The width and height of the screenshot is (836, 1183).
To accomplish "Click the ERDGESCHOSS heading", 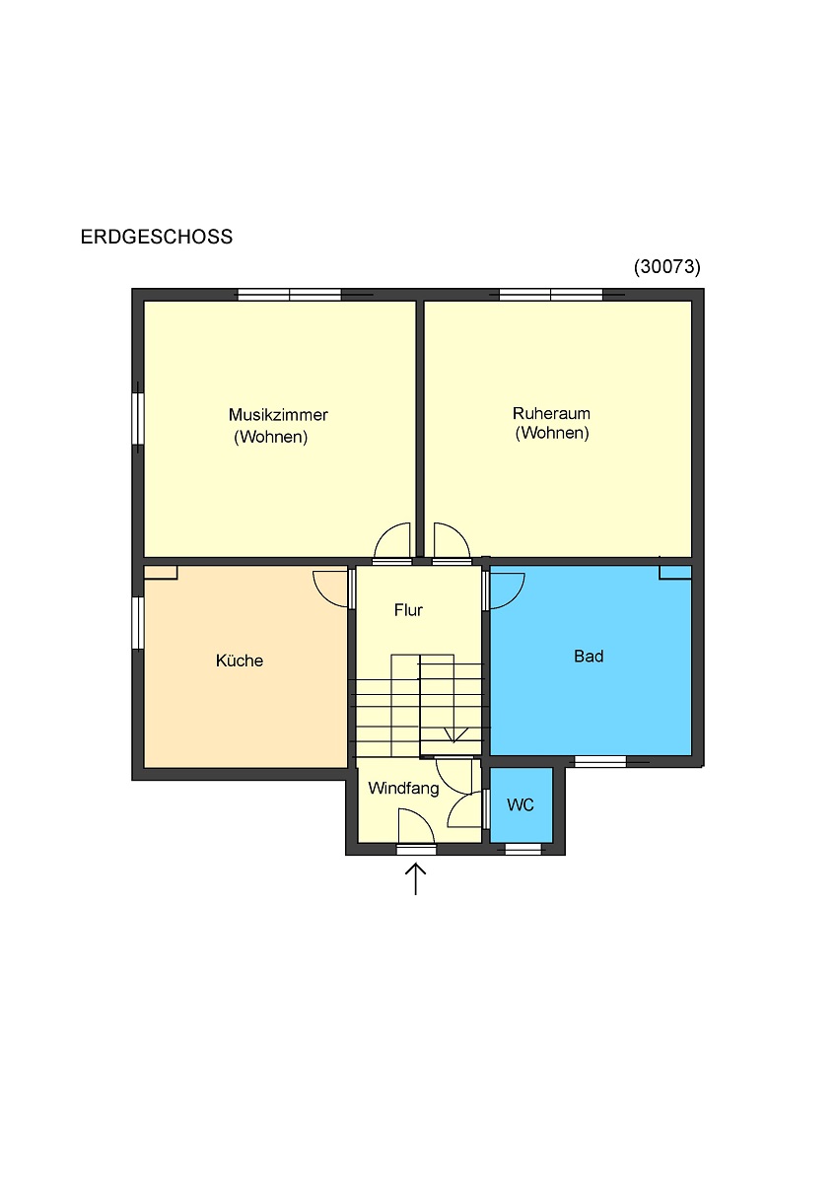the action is (x=157, y=237).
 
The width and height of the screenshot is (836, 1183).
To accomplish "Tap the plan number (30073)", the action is (x=667, y=267).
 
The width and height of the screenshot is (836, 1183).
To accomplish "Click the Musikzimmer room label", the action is (x=278, y=415).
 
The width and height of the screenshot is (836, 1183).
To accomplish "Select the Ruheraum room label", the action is (x=551, y=413).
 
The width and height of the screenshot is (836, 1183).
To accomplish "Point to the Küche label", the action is (x=240, y=661).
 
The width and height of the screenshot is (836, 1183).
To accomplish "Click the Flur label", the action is (x=408, y=610).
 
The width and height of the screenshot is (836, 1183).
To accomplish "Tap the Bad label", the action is (x=589, y=656).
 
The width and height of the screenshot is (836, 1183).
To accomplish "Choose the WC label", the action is (x=521, y=804).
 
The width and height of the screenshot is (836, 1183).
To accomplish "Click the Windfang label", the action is (x=403, y=788).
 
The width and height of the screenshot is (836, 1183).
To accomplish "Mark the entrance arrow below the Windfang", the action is (x=416, y=878).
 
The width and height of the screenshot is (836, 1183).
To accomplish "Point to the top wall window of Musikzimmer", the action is (x=290, y=294).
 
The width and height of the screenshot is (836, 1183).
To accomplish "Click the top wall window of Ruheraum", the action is (x=551, y=294).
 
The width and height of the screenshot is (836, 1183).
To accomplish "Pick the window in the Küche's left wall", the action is (x=137, y=623).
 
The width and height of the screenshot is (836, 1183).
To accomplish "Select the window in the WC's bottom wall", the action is (x=522, y=849).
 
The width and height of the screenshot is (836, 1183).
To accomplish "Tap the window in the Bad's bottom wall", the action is (x=600, y=761).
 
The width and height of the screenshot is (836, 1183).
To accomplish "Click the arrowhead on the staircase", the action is (x=454, y=735).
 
